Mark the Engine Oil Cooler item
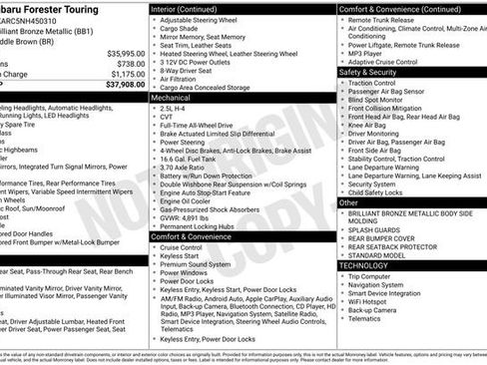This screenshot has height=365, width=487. (190, 200)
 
